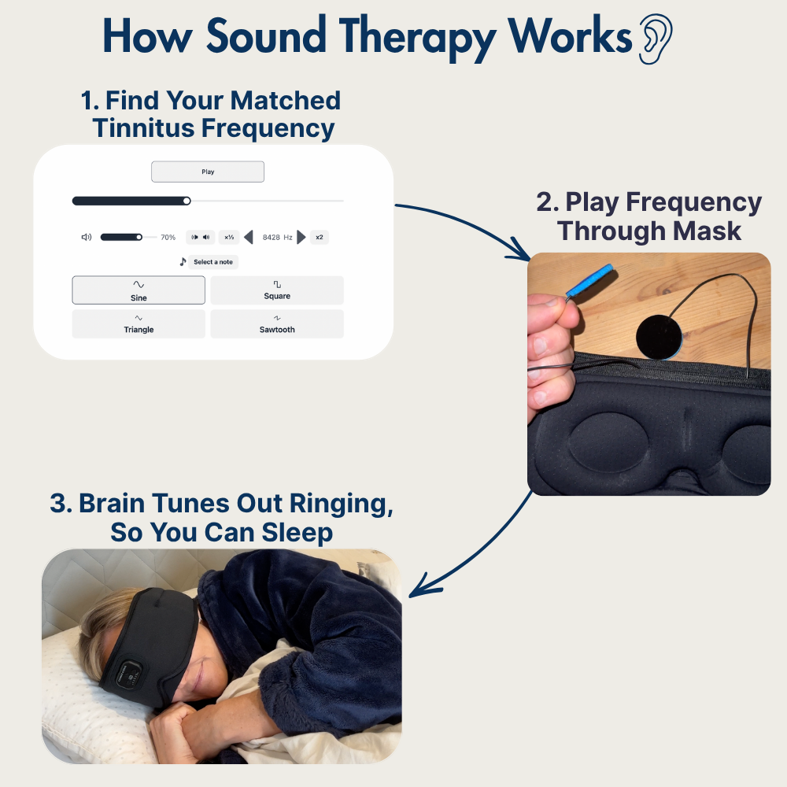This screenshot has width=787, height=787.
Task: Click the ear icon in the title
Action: pyautogui.click(x=655, y=39)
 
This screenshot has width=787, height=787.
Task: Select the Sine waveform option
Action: pyautogui.click(x=139, y=290)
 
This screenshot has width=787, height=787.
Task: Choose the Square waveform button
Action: pyautogui.click(x=277, y=290)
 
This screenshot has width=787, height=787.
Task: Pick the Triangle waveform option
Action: pyautogui.click(x=139, y=324)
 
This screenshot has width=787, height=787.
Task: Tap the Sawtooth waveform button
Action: pyautogui.click(x=277, y=324)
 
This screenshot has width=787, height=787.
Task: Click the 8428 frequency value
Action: pyautogui.click(x=271, y=237)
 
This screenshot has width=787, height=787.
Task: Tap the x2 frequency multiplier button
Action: pyautogui.click(x=320, y=237)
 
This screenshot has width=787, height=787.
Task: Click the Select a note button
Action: pyautogui.click(x=212, y=262)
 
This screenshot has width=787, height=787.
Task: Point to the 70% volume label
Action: pyautogui.click(x=168, y=237)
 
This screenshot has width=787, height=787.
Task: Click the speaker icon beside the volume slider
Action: pyautogui.click(x=87, y=237)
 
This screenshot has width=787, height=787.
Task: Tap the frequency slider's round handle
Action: pyautogui.click(x=187, y=201)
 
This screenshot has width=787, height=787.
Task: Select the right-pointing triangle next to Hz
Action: pyautogui.click(x=301, y=237)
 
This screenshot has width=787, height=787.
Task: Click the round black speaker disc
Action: pyautogui.click(x=658, y=337)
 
